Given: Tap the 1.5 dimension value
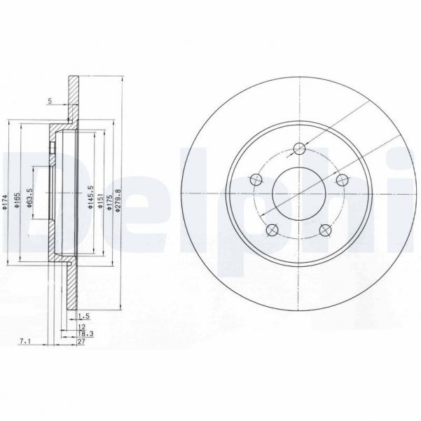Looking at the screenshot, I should tap(84, 315).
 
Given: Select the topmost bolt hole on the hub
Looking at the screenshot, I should tap(299, 147).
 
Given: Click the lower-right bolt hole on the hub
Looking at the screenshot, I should tap(324, 229).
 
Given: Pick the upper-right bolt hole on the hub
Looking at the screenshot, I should tap(342, 180).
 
